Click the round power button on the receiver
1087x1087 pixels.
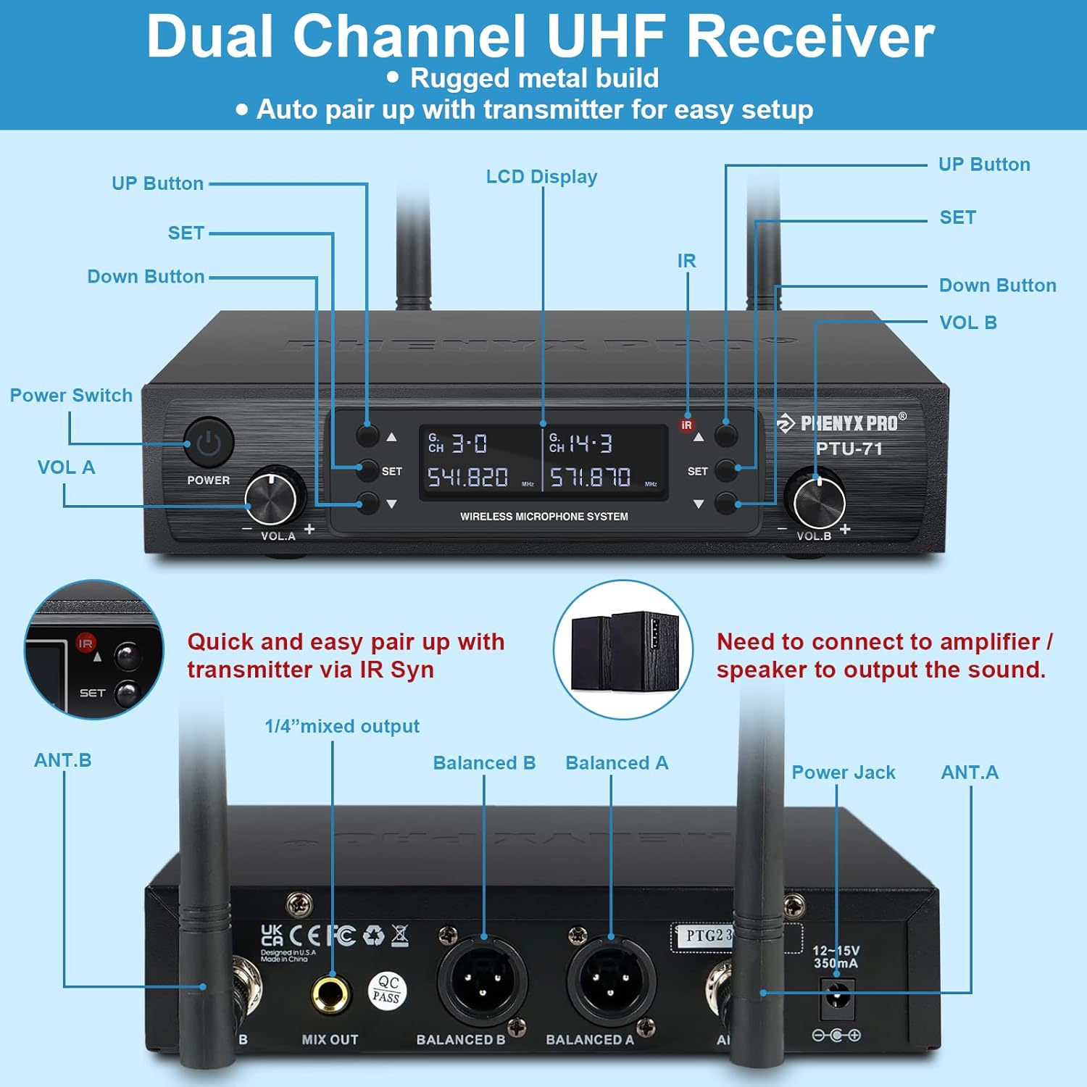click(x=209, y=442)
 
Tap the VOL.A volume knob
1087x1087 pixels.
click(x=272, y=499)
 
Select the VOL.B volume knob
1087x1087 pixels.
click(x=819, y=500)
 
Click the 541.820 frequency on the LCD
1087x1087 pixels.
click(x=467, y=477)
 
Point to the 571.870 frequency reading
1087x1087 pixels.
click(x=590, y=477)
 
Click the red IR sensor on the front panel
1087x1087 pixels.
click(x=686, y=425)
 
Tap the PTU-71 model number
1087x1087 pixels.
click(x=849, y=449)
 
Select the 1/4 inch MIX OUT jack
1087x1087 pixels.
click(x=330, y=993)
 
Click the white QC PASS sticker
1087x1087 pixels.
click(x=388, y=990)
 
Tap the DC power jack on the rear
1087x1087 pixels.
click(x=838, y=999)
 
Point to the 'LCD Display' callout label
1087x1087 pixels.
click(x=541, y=177)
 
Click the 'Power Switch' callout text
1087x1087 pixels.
click(x=71, y=396)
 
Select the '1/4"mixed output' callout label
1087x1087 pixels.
click(x=342, y=726)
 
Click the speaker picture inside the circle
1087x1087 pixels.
click(x=624, y=650)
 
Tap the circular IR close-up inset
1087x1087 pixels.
click(x=94, y=650)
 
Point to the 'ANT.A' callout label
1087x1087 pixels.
click(x=970, y=772)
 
